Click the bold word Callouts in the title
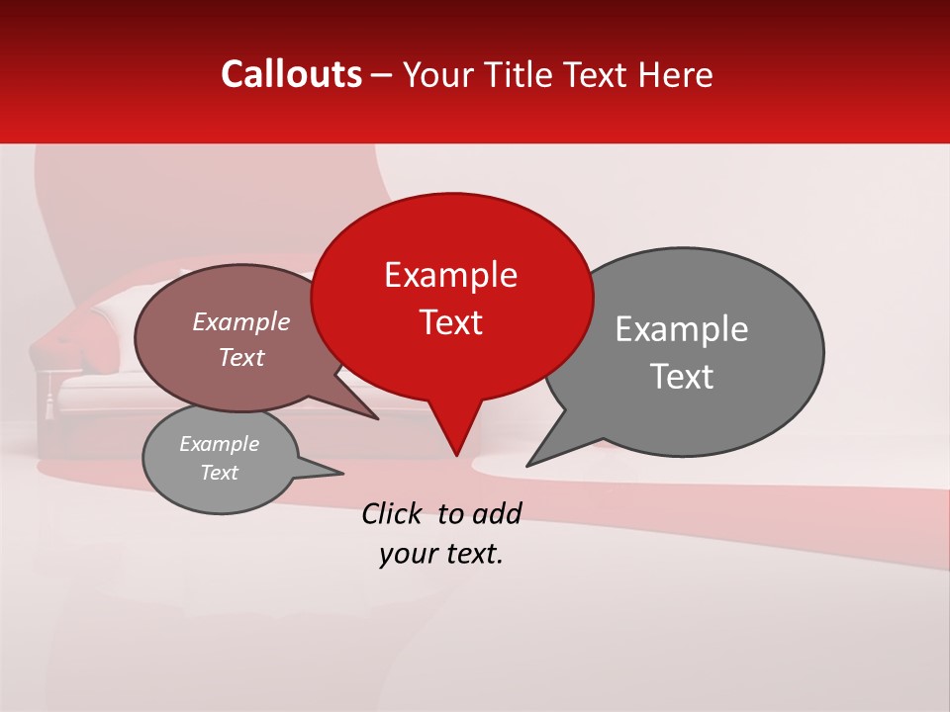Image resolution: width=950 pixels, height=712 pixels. [x=291, y=74]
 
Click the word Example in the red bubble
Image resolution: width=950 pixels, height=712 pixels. [x=450, y=275]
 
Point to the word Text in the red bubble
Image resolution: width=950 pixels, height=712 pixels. [x=450, y=322]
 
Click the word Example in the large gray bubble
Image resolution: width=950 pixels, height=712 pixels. [x=682, y=329]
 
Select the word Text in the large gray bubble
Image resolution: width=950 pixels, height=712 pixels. [x=682, y=377]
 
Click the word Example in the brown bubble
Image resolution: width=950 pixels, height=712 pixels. [x=241, y=321]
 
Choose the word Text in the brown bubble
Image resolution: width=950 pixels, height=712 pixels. [x=241, y=357]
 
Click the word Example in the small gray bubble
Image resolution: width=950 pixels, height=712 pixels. [x=219, y=444]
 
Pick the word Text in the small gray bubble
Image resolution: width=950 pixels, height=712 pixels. [x=219, y=473]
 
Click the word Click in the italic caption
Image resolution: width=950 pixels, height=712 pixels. [x=393, y=513]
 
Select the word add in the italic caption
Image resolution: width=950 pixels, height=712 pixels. [x=497, y=513]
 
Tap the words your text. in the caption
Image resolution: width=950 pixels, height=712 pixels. [x=441, y=554]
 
